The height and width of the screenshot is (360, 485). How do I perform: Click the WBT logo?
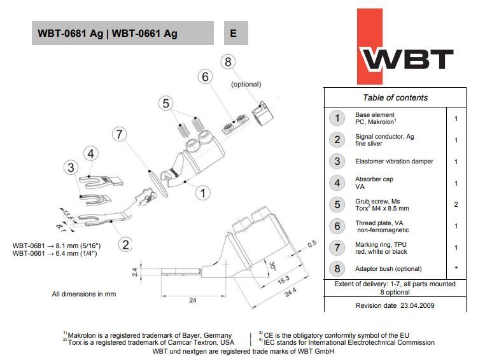tap(407, 59)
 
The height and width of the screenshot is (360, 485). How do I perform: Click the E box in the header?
tap(234, 33)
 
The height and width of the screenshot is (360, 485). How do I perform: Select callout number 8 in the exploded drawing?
tap(228, 62)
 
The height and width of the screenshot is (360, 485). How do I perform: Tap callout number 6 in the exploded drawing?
tap(205, 77)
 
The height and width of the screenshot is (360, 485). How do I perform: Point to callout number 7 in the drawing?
tap(120, 134)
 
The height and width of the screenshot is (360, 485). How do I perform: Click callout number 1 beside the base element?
tap(203, 192)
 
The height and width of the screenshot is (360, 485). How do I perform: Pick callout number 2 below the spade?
tap(126, 244)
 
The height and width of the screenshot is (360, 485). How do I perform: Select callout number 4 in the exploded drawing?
tap(91, 153)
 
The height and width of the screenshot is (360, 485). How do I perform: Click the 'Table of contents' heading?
tap(395, 97)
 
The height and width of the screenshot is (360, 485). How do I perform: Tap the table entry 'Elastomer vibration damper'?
tap(394, 162)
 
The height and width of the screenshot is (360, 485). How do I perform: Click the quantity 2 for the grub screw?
tap(456, 205)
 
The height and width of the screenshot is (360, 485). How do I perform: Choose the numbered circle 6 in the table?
tap(337, 226)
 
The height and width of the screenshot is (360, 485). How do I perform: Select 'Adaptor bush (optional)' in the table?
tap(388, 269)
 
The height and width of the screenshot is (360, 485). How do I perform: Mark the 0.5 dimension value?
tap(312, 244)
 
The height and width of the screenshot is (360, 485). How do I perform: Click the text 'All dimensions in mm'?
tap(84, 294)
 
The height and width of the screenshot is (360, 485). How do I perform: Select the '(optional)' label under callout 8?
tap(246, 84)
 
